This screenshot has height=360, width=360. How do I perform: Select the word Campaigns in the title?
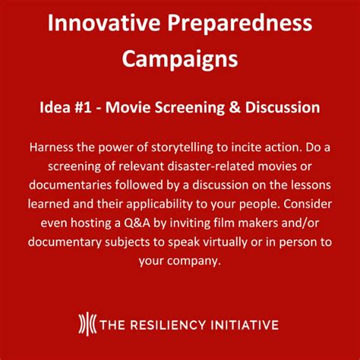pyautogui.click(x=180, y=58)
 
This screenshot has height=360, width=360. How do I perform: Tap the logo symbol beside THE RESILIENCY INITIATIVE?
pyautogui.click(x=89, y=324)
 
